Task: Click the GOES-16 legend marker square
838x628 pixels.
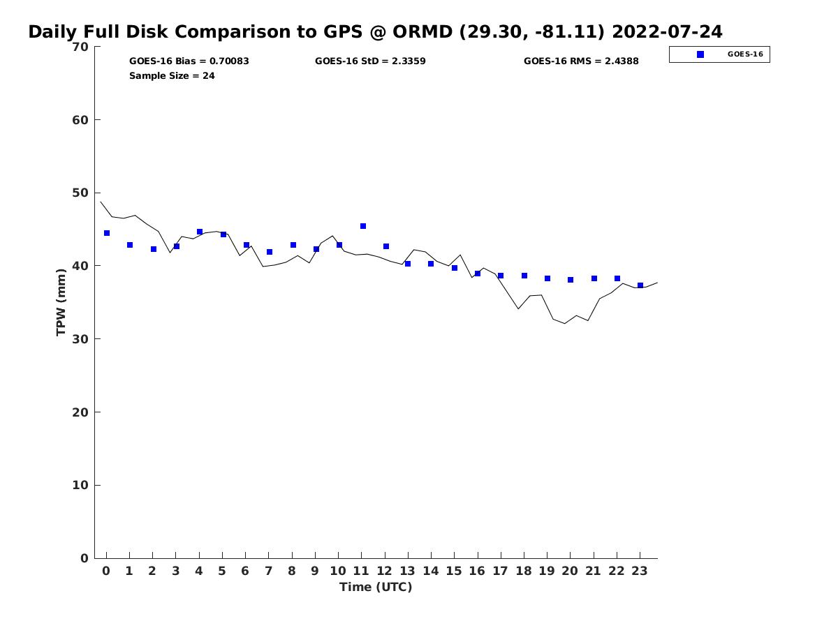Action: [700, 54]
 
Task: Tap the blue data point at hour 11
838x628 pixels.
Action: [363, 226]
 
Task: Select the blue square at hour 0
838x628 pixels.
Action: [107, 233]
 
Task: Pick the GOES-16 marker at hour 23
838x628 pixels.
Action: [640, 285]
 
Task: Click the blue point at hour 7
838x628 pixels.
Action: [270, 252]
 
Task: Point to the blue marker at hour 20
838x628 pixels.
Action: [571, 280]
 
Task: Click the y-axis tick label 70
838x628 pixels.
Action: [80, 47]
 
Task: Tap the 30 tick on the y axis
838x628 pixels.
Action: [80, 339]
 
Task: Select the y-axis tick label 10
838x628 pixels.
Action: [80, 486]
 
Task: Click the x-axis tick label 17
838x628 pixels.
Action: [500, 571]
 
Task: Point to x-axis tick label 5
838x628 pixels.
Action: [222, 571]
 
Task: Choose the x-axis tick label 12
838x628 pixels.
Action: [385, 571]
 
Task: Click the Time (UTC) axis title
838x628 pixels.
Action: [376, 587]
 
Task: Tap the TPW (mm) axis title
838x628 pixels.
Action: [61, 302]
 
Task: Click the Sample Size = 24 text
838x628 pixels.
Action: [172, 75]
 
